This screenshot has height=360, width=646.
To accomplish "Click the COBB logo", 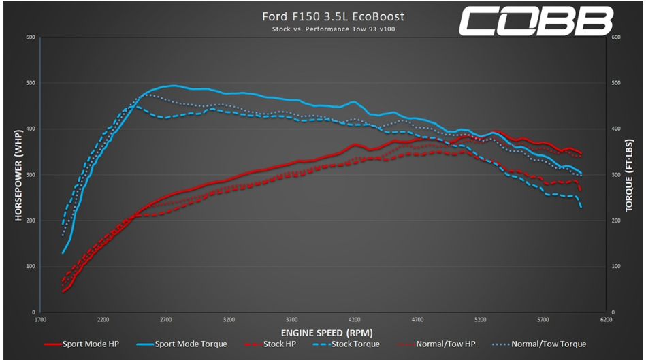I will (535, 22).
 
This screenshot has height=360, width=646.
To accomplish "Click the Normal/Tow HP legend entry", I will (443, 344).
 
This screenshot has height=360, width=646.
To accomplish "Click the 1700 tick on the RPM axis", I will (39, 319).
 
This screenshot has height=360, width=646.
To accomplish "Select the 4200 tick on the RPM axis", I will (354, 319).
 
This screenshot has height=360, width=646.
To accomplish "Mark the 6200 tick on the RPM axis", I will (605, 319).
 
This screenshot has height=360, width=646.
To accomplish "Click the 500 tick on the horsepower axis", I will (30, 83).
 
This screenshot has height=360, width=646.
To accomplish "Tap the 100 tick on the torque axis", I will (616, 266).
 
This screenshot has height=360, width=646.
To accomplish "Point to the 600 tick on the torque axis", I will (616, 37).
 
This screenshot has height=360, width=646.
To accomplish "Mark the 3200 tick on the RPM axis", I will (228, 319).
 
